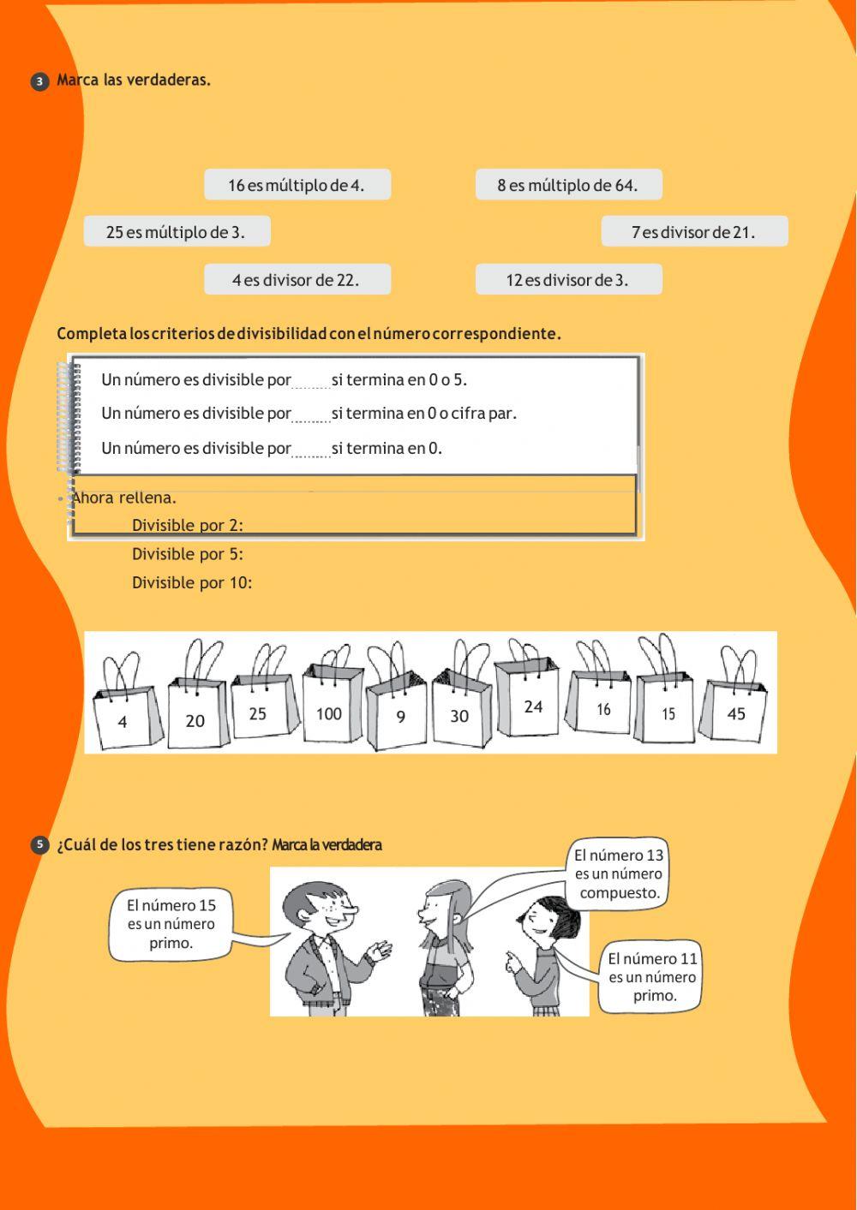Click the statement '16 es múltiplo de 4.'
(x=297, y=185)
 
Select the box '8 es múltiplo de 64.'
(x=568, y=185)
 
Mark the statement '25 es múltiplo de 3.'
(x=177, y=232)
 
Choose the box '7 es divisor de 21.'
(x=694, y=232)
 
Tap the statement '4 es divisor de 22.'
(x=297, y=280)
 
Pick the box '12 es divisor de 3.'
(x=568, y=280)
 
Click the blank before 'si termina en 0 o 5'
(x=311, y=381)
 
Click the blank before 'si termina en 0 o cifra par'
(x=311, y=415)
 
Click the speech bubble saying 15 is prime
(x=171, y=924)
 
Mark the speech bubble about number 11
(x=651, y=977)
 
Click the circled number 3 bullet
(x=39, y=81)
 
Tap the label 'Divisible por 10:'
(x=192, y=583)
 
